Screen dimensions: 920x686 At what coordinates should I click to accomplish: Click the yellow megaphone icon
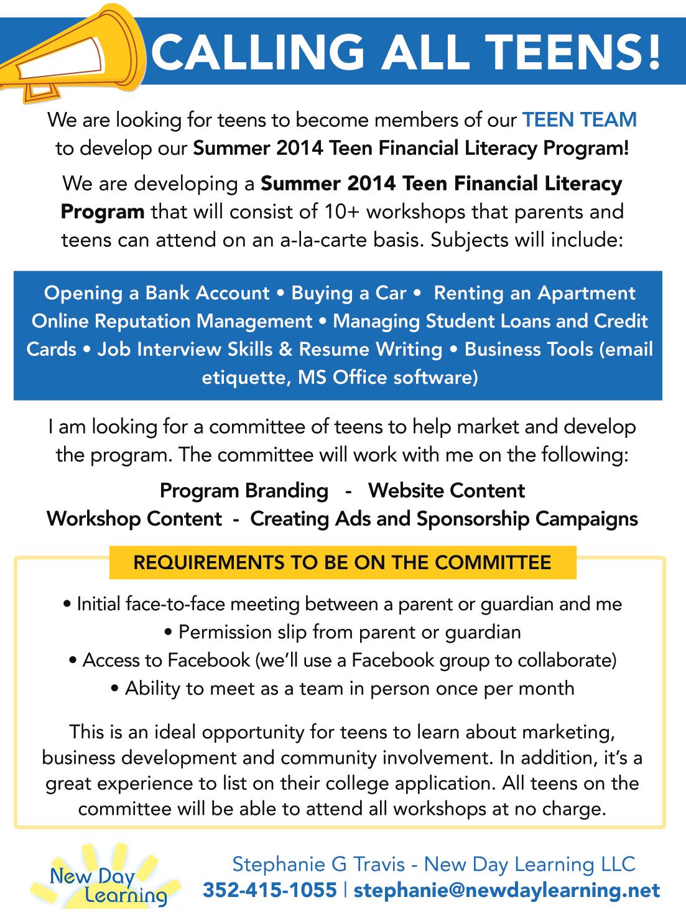tap(68, 53)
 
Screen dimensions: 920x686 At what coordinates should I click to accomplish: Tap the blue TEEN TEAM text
tap(580, 119)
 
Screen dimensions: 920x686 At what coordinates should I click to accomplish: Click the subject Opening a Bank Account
tap(157, 293)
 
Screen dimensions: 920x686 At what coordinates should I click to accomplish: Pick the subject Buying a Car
tap(348, 293)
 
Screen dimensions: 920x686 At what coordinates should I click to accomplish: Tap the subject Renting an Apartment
tap(534, 293)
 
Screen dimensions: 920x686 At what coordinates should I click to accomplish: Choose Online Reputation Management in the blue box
tap(172, 321)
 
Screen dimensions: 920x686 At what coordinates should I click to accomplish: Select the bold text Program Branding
tap(244, 490)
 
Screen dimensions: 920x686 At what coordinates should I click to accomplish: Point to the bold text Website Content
tap(447, 490)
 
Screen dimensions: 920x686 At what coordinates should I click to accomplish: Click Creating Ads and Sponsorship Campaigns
tap(444, 518)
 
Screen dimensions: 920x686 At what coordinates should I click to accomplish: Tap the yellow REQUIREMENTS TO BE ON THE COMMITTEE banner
tap(343, 562)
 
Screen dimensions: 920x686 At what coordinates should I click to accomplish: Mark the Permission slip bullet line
tap(343, 632)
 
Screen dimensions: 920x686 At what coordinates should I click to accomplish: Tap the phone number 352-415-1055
tap(269, 890)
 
